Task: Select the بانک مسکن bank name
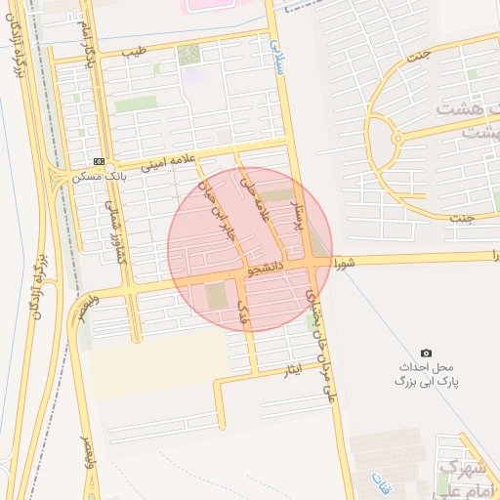(99, 177)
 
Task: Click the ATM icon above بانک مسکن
(99, 161)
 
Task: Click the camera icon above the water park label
(426, 353)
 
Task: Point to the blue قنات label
(380, 480)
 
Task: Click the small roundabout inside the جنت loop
(396, 140)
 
